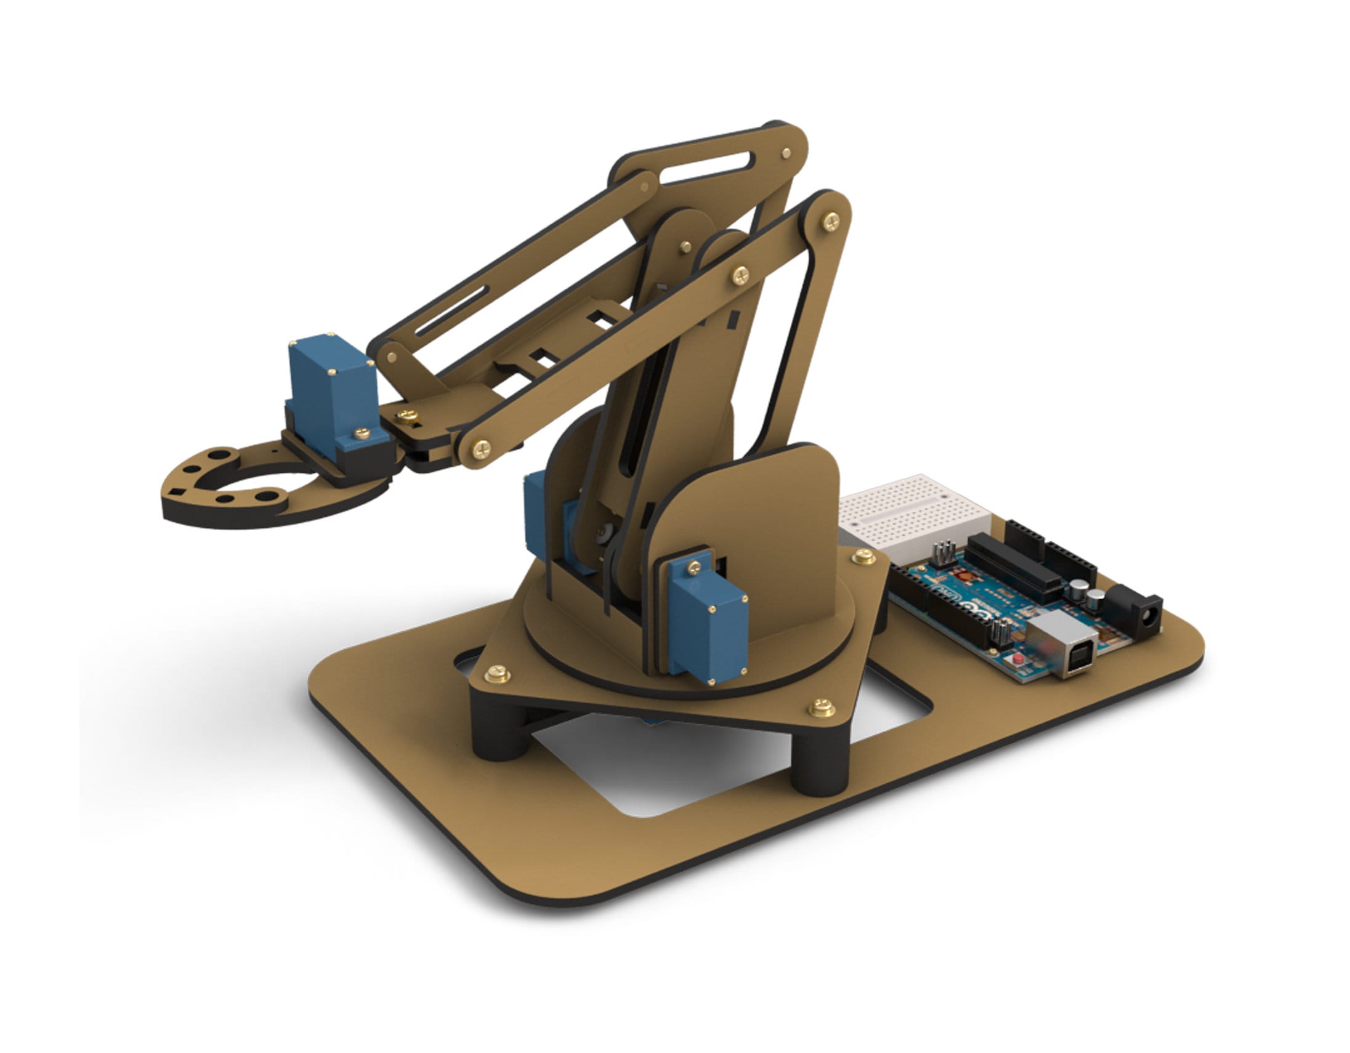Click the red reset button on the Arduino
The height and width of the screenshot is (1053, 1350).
pyautogui.click(x=1017, y=661)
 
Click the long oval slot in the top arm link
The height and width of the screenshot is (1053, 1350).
pyautogui.click(x=706, y=167)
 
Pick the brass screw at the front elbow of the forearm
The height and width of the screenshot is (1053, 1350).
pyautogui.click(x=481, y=448)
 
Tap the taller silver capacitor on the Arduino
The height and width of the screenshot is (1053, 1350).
pyautogui.click(x=1079, y=590)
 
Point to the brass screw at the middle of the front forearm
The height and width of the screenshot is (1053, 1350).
pyautogui.click(x=740, y=275)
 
